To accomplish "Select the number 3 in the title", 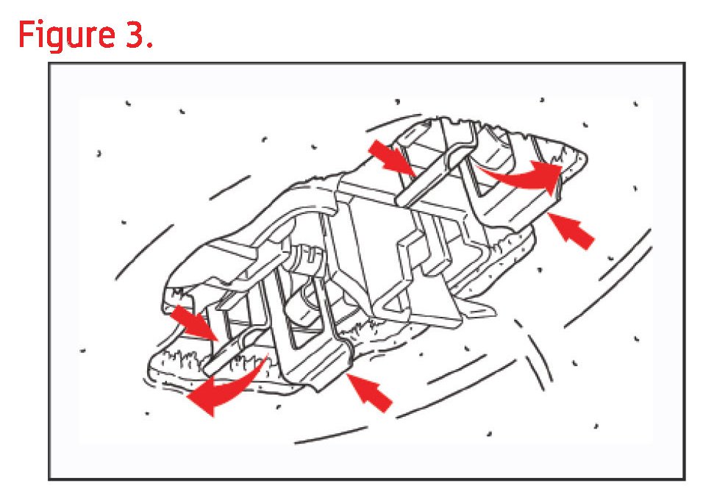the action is coord(133,34).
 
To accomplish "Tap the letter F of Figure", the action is coord(26,34).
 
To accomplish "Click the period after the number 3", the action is coord(150,44).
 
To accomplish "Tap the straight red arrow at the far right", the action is coord(571,230).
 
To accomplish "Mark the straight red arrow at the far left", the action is coord(193,323).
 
